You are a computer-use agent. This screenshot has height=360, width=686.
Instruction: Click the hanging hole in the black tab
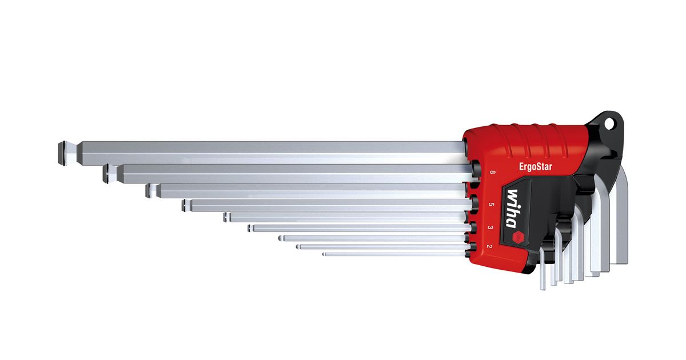pos(609,123)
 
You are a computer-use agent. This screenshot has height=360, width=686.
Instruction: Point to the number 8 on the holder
pos(492,172)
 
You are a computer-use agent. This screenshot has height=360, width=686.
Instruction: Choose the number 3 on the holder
pos(490,227)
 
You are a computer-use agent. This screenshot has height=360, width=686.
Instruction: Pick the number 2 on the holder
pos(489,246)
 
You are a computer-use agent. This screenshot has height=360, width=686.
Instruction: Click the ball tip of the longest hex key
pos(62,153)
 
